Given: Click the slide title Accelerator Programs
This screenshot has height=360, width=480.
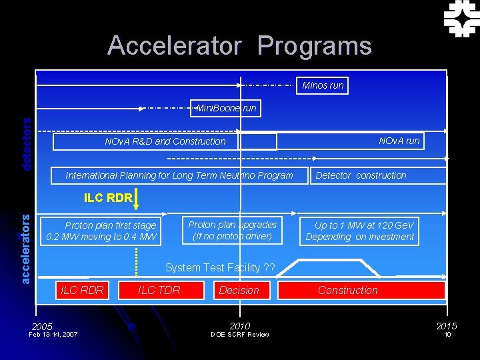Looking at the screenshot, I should (239, 45).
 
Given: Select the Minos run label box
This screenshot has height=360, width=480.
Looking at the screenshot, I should (323, 85).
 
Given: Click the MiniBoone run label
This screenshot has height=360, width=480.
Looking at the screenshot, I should (226, 108).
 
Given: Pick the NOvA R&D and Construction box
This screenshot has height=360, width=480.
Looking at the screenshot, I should (165, 141).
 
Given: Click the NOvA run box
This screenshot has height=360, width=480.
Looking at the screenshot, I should (399, 141).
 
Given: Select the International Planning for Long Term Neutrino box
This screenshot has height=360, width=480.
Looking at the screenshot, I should (179, 175).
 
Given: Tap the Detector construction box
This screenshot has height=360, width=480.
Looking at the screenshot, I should (360, 175).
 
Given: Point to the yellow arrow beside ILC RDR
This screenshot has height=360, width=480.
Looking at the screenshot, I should (136, 198).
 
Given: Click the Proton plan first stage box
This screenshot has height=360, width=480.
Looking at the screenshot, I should (100, 231).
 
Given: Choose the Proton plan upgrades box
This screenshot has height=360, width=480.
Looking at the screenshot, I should (232, 230).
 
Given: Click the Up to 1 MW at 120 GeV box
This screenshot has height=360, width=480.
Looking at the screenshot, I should (359, 231).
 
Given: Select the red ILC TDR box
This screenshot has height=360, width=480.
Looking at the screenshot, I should (159, 290).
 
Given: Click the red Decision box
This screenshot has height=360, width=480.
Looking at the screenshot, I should (239, 290).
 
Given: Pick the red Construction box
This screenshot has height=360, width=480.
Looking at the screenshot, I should (361, 290).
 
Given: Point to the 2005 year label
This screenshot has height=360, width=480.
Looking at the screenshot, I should (41, 327).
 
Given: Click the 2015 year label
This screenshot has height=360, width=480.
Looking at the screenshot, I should (447, 326).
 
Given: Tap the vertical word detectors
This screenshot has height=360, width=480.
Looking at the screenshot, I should (26, 144).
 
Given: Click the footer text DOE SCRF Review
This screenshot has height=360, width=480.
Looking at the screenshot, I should (239, 335).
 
